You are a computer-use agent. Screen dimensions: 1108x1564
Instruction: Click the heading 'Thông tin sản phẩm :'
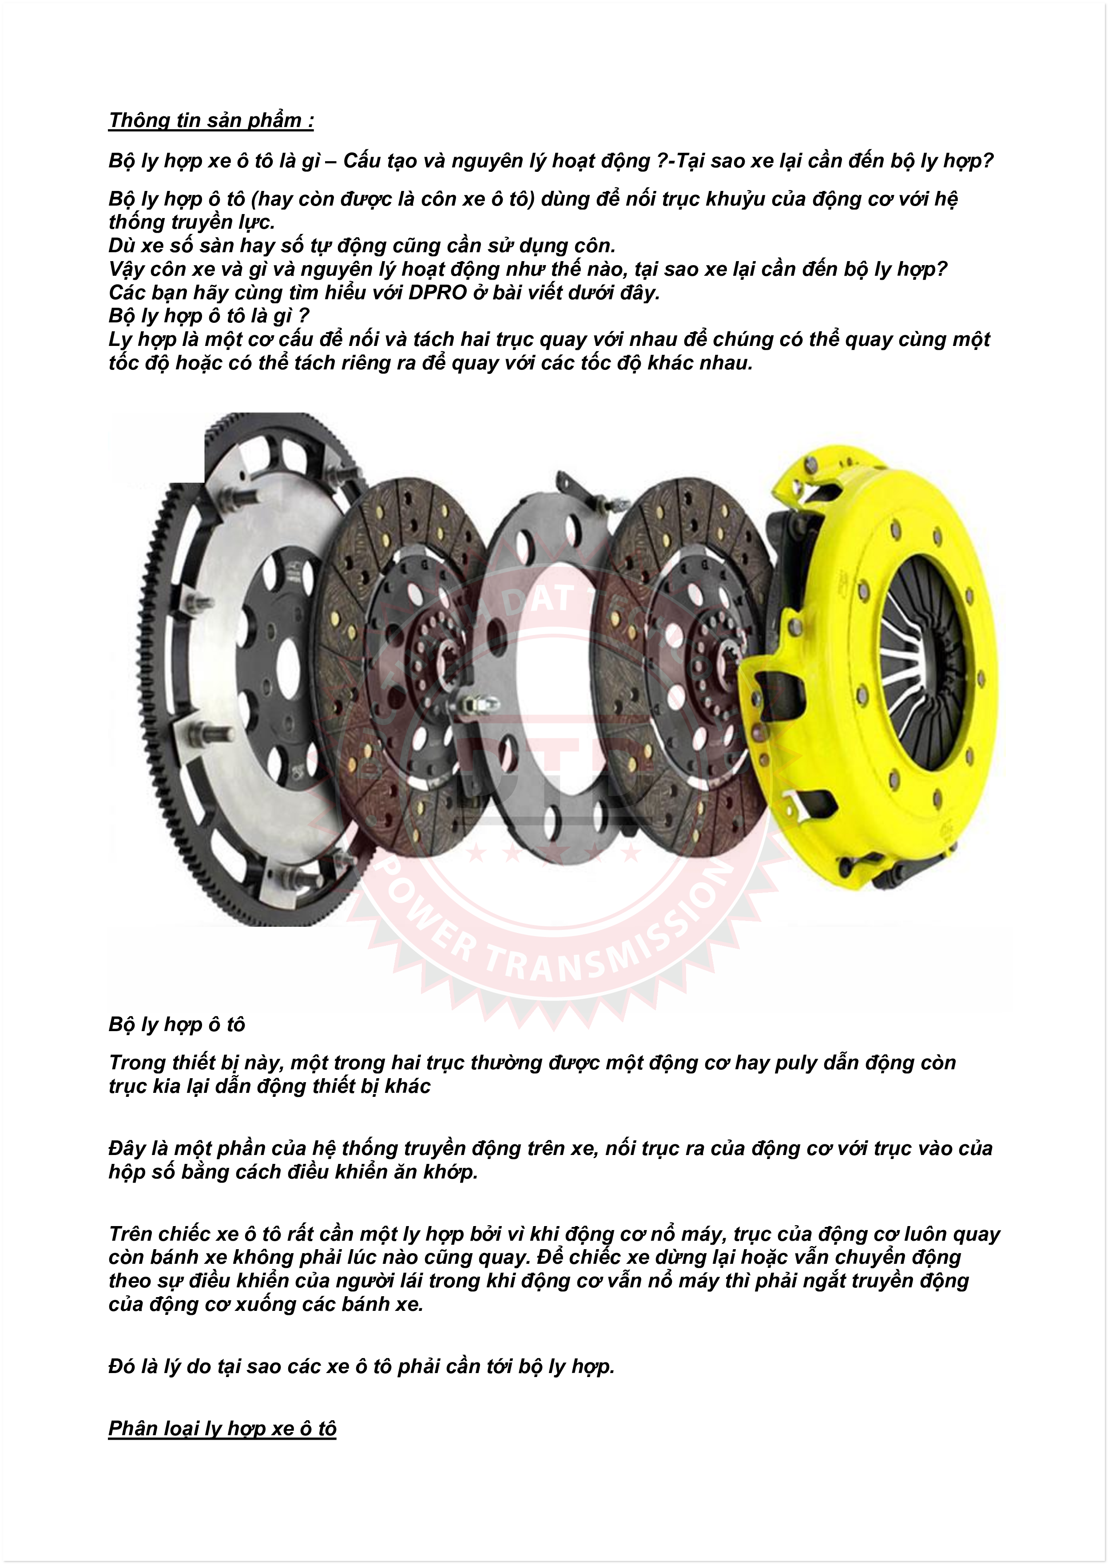tap(211, 121)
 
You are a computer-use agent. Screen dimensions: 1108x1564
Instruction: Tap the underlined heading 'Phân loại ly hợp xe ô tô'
tap(222, 1428)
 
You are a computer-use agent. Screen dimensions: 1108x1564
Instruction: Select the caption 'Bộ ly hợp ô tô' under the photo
tap(177, 1024)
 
